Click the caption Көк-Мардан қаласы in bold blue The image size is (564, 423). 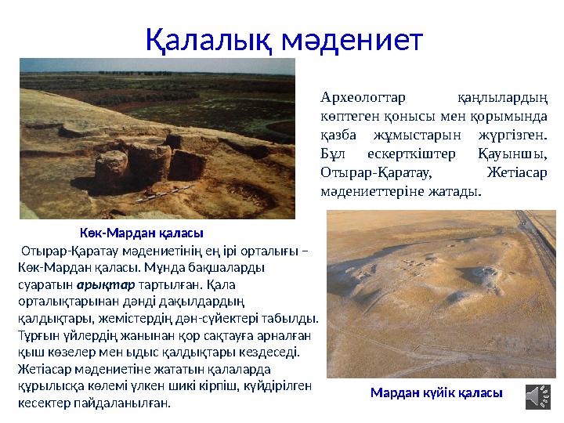(x=142, y=233)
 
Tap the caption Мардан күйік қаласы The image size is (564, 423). (x=436, y=392)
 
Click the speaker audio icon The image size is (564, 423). (x=537, y=396)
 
